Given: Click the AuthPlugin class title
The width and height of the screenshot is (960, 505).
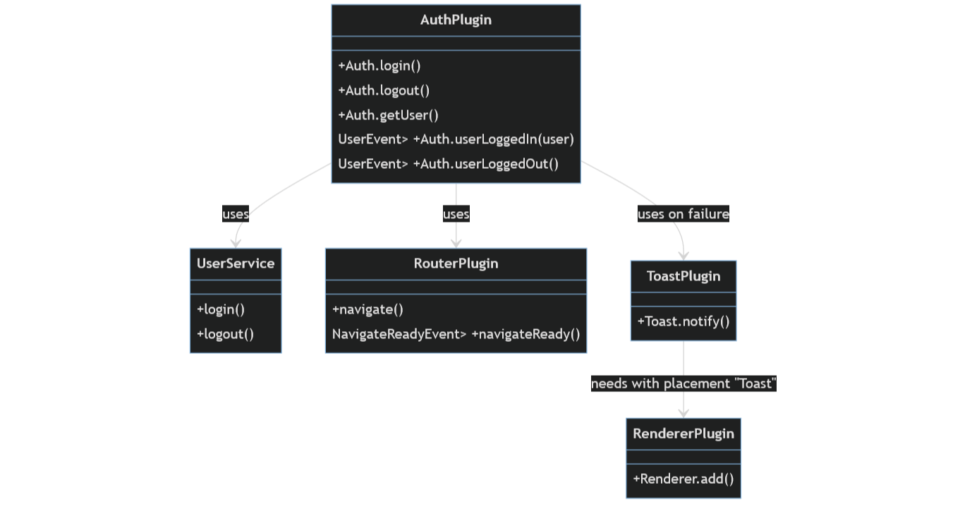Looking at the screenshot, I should coord(456,20).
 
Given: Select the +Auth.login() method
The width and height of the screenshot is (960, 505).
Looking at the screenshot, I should coord(379,66).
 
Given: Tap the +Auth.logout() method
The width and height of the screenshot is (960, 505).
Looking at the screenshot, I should coord(384,90).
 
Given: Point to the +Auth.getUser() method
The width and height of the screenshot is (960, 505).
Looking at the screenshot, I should coord(388,115).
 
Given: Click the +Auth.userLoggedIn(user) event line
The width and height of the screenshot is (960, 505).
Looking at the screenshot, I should coord(456,139).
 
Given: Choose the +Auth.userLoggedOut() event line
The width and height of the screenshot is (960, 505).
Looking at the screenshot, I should coord(448,164).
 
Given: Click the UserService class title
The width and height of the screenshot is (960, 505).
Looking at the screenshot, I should coord(236,263).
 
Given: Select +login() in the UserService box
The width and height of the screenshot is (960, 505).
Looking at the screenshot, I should coord(221,309).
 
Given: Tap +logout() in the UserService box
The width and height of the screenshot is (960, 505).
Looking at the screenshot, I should coord(225,334).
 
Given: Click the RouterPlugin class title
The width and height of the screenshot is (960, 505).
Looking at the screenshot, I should coord(456,263).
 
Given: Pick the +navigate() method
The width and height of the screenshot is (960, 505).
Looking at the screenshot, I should coord(367,309).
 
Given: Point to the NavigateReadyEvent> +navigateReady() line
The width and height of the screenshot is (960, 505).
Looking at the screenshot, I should coord(456,334).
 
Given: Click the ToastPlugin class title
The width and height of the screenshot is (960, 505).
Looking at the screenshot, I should coord(683,276).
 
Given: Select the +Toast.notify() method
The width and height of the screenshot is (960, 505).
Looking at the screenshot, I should coord(683,321).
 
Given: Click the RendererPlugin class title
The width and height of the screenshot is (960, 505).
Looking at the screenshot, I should coord(683,434).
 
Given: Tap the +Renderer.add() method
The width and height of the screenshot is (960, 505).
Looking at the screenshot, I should coord(683,479).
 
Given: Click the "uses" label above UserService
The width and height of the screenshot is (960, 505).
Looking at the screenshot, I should coord(236,214).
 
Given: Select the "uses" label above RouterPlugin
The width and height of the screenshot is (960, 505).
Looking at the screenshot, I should coord(456,214).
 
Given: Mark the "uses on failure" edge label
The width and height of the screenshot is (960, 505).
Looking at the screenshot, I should coord(683,214).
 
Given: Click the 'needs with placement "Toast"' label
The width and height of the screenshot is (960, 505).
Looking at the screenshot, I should coord(683,384).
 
